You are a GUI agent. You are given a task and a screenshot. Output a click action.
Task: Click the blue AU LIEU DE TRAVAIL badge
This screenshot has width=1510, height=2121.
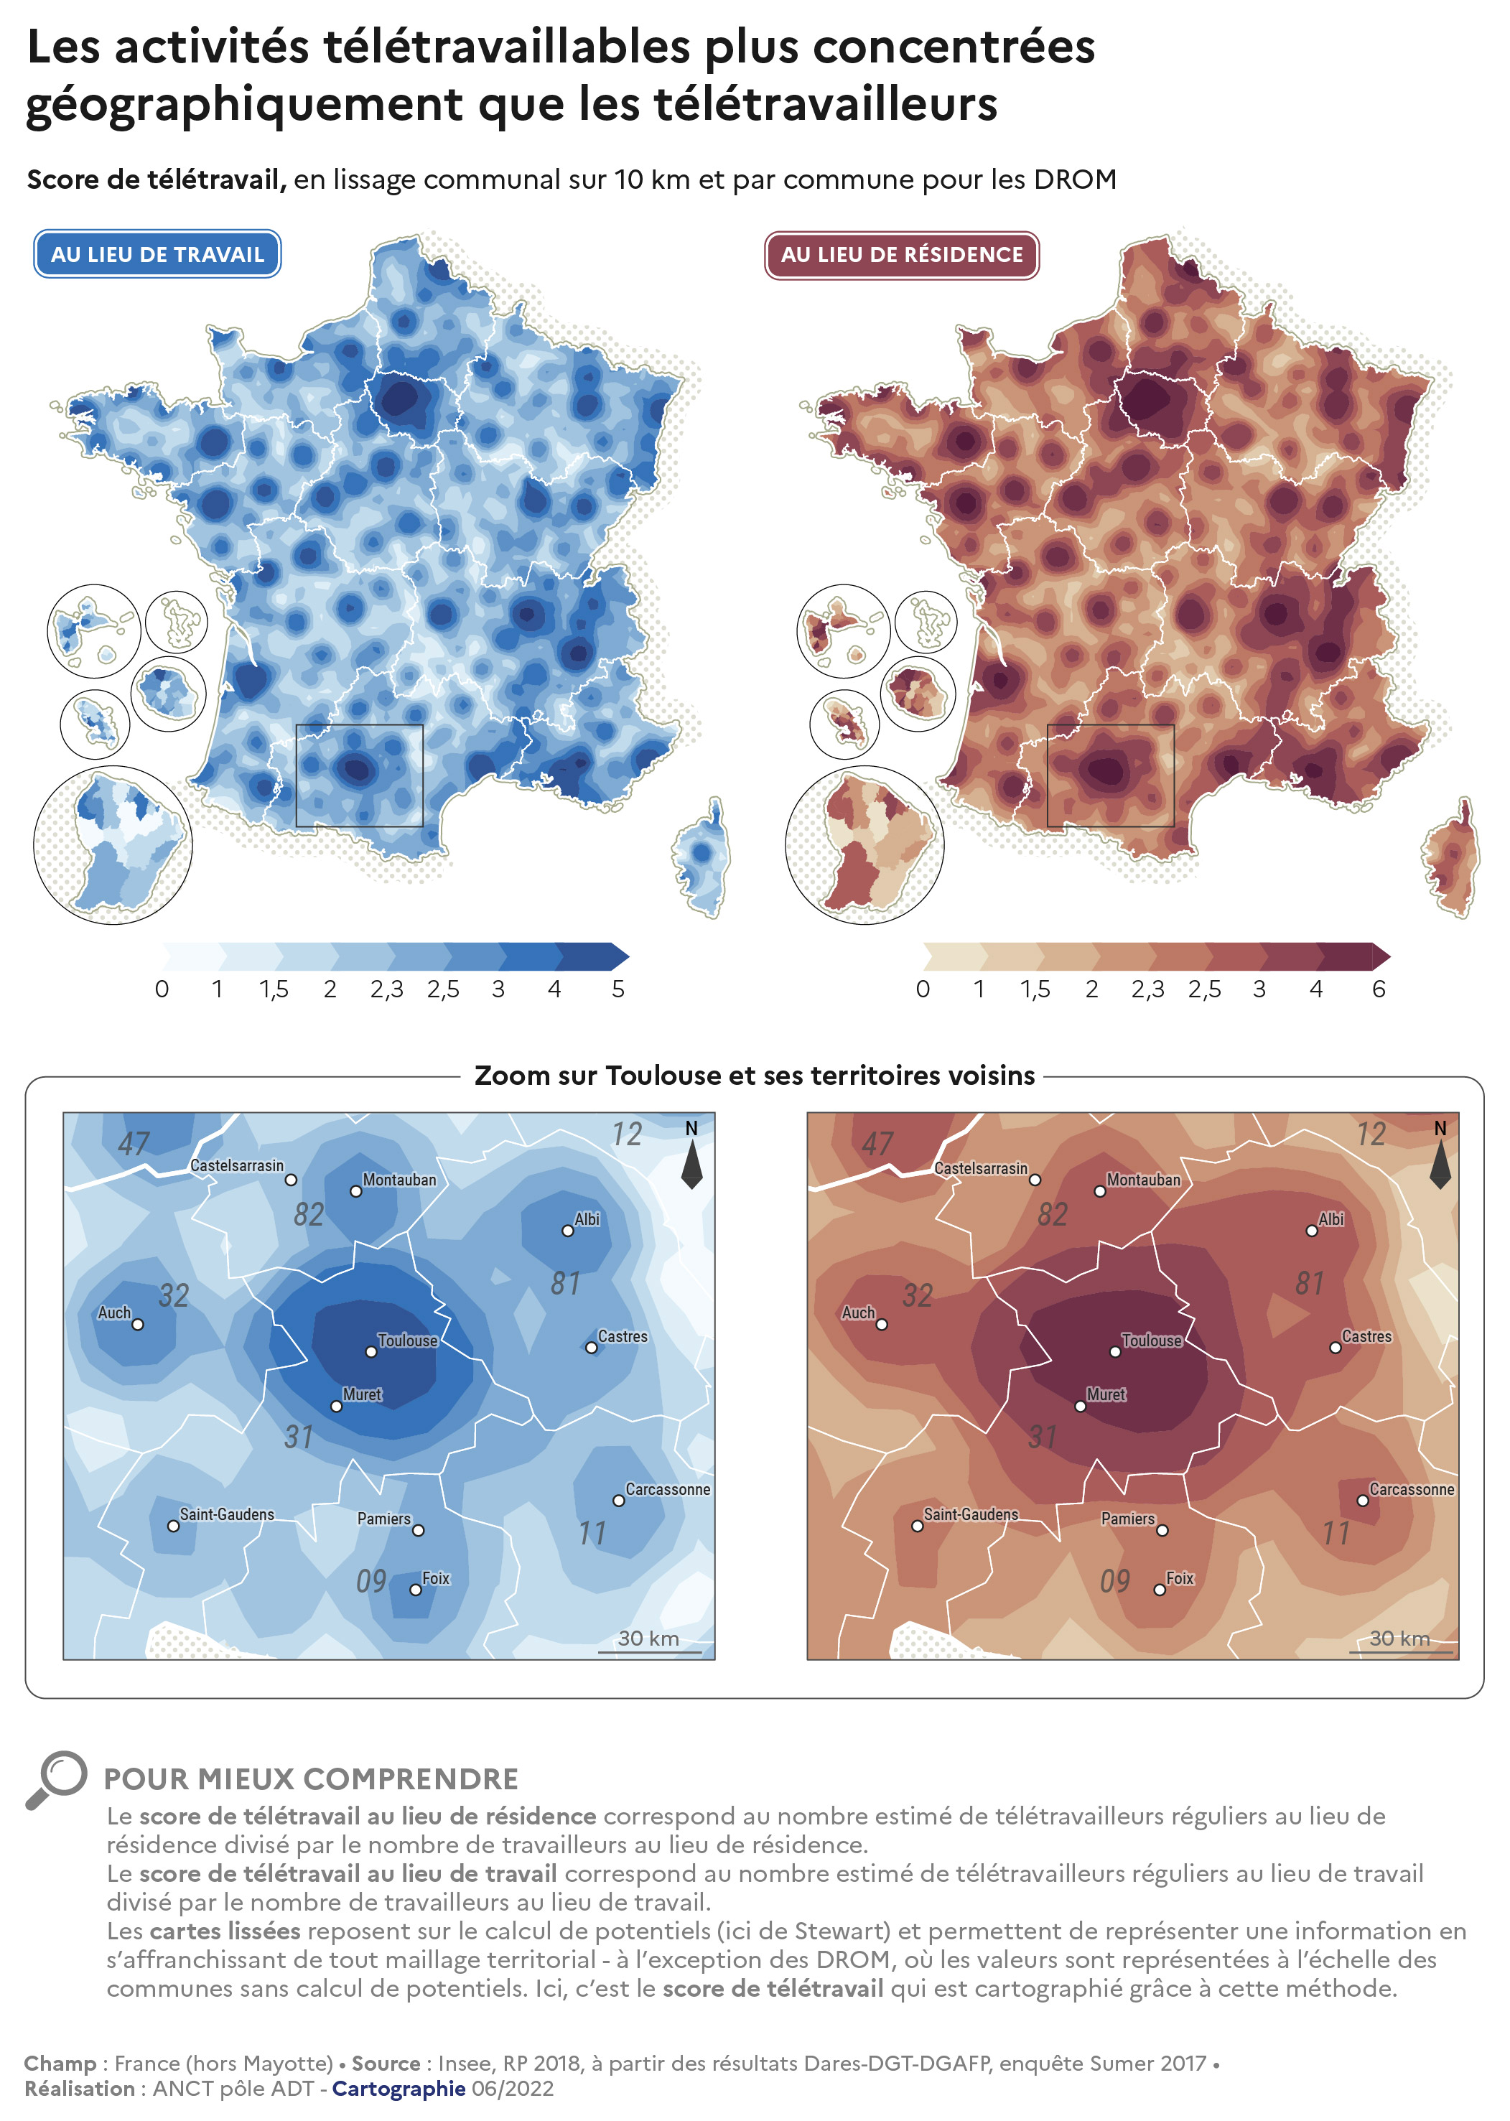157,254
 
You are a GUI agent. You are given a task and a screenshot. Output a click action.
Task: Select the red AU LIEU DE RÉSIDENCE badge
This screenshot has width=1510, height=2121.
901,255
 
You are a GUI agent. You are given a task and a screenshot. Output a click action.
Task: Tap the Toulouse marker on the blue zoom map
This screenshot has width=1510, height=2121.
371,1351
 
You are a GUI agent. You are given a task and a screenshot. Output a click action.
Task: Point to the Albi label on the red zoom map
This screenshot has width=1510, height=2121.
1330,1219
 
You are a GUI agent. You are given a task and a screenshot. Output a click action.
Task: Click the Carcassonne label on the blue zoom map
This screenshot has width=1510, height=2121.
668,1488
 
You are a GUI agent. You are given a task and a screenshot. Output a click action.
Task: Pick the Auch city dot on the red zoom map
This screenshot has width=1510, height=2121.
882,1324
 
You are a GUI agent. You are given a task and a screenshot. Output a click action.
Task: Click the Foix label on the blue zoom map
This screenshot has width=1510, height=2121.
435,1578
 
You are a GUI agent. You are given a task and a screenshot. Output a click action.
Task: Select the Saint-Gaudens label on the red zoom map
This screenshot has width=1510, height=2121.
971,1514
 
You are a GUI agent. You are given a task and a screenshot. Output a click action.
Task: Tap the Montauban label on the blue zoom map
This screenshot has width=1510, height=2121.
399,1179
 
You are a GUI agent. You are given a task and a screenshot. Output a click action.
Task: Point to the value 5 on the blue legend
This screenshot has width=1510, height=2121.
618,989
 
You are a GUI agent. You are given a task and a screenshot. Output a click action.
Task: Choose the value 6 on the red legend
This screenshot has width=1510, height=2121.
1379,989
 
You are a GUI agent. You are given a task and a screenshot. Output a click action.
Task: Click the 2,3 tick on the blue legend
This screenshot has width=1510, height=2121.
387,989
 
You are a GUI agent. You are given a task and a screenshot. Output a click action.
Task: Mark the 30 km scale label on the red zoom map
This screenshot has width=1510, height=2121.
1399,1638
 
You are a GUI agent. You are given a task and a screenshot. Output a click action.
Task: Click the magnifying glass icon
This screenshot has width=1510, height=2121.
56,1779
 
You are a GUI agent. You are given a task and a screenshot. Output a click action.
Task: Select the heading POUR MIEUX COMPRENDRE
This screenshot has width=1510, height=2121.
311,1779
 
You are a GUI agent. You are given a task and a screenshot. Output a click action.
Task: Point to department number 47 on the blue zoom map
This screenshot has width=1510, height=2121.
133,1144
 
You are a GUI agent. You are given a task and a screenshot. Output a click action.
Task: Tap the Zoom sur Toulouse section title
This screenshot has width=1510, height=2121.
754,1075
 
